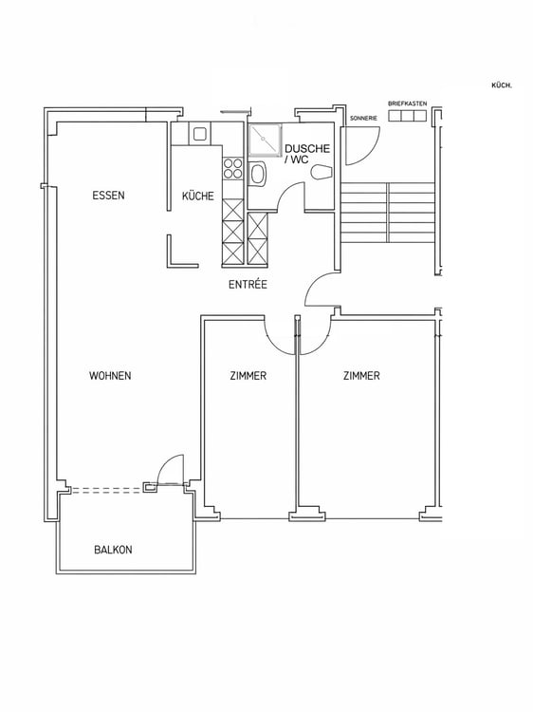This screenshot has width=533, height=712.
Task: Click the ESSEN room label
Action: (108, 196)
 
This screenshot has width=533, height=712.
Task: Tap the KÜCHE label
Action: (198, 197)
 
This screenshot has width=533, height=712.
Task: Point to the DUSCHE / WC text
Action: (307, 154)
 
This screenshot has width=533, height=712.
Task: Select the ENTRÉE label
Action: (248, 285)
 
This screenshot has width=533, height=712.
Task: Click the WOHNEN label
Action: (110, 376)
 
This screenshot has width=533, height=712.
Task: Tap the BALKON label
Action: (113, 550)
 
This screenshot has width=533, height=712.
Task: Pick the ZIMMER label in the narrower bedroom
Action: (248, 376)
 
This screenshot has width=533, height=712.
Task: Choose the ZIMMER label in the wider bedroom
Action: (361, 376)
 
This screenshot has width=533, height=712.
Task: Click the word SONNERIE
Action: (363, 119)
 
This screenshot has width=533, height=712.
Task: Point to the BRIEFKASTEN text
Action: (408, 104)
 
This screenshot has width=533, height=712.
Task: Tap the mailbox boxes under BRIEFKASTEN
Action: (408, 116)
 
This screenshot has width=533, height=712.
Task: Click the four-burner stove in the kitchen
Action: (232, 168)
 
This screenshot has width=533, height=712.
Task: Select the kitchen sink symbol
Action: (200, 134)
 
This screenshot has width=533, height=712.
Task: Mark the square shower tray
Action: (265, 141)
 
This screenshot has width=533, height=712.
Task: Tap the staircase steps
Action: (388, 213)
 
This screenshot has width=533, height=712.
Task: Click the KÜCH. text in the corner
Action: (502, 85)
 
